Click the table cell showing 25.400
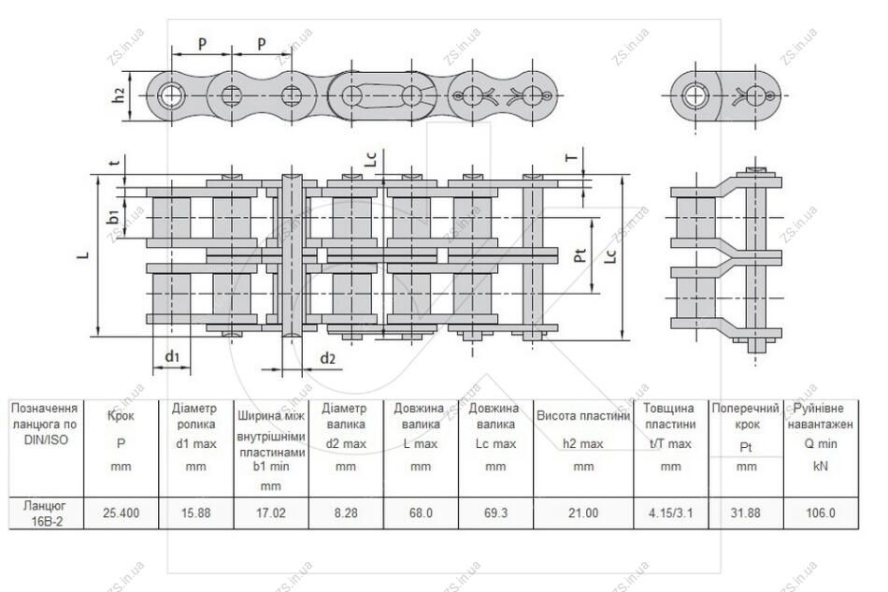tap(122, 513)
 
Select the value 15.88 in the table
tap(196, 513)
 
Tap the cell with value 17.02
tap(271, 513)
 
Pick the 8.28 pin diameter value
tap(346, 513)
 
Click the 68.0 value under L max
tap(421, 513)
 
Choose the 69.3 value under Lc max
tap(495, 513)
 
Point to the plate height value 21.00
tap(583, 513)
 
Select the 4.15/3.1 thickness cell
tap(670, 513)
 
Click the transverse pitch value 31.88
tap(746, 513)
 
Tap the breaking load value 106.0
tap(821, 513)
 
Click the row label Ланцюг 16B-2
tap(46, 513)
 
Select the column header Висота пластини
tap(583, 416)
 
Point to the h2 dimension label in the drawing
tap(119, 95)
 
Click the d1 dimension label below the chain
tap(172, 356)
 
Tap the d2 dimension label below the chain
tap(328, 358)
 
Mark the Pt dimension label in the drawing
tap(580, 255)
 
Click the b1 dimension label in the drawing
tap(113, 216)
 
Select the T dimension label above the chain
tap(573, 157)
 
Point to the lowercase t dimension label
tap(115, 163)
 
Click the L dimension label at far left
tap(83, 255)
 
